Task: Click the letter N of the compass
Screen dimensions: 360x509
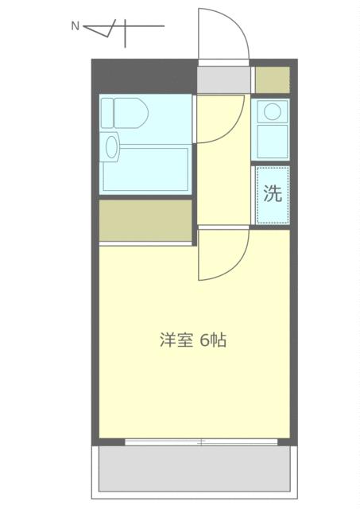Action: point(75,26)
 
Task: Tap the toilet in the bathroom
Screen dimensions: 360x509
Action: point(125,113)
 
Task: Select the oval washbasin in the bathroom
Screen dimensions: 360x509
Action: point(111,147)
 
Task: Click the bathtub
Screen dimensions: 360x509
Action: point(145,169)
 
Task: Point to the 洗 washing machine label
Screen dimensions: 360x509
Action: point(273,193)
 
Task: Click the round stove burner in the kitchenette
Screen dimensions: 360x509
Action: point(272,111)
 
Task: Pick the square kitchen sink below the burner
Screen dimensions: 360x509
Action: point(273,142)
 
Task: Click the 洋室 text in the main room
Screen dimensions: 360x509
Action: point(176,340)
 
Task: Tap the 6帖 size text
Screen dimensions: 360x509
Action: point(213,340)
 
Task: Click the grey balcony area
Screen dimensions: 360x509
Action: point(194,468)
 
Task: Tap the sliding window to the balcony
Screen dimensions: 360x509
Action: point(201,442)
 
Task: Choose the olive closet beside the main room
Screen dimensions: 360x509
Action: point(145,220)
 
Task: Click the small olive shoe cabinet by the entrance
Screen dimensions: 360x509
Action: point(272,80)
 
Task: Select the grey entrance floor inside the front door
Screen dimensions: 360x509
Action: point(224,80)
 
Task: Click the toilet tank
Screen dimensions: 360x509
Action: point(107,113)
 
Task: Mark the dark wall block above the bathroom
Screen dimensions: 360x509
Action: point(145,76)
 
